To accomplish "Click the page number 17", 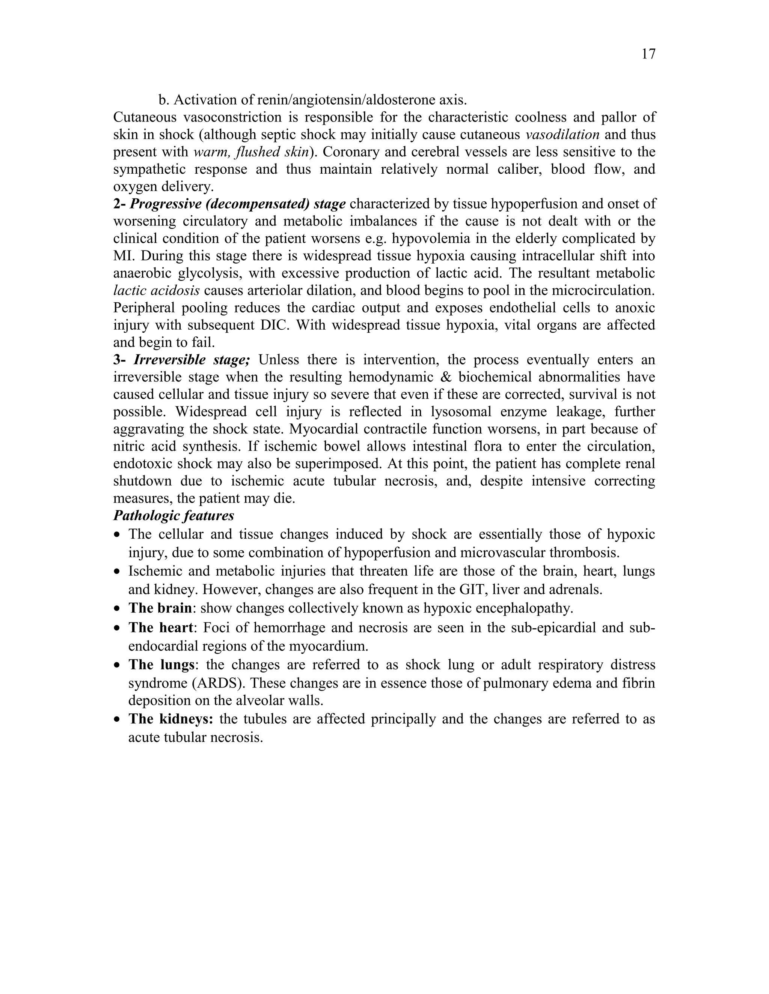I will click(648, 54).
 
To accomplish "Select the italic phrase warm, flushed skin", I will click(252, 152).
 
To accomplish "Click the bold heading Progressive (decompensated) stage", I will click(237, 204).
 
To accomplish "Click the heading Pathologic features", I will click(173, 516).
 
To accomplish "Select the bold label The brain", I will click(160, 608).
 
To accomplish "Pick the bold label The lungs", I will click(162, 665).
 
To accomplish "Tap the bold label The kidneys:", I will click(171, 719).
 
